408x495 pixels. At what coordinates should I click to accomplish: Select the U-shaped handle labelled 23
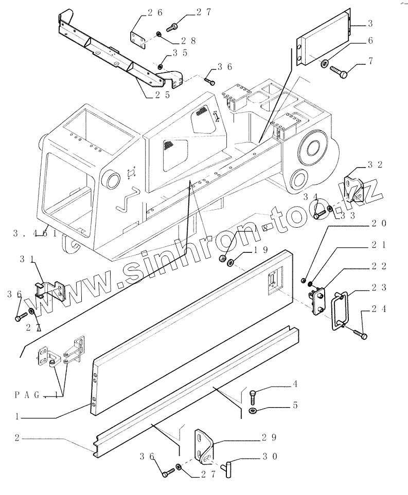pyautogui.click(x=340, y=311)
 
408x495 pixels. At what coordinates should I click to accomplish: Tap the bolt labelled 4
pyautogui.click(x=253, y=397)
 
